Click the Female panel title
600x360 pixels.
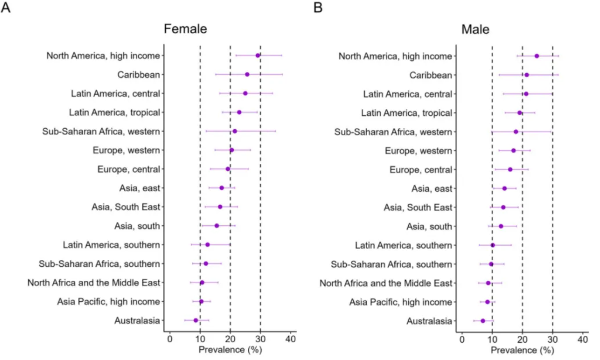click(x=185, y=29)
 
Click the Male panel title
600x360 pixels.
click(x=475, y=30)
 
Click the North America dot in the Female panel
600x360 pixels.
click(x=258, y=55)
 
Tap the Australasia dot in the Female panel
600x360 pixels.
click(x=196, y=320)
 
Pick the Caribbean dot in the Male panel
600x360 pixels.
click(x=526, y=75)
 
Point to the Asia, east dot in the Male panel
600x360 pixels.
click(x=504, y=188)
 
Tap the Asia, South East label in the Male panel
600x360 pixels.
click(x=418, y=207)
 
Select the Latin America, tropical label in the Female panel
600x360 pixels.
click(x=114, y=112)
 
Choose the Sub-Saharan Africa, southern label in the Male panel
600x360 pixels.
click(x=391, y=264)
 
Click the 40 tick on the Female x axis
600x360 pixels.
click(x=291, y=339)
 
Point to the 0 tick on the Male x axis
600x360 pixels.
click(x=462, y=340)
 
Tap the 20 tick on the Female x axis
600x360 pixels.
click(x=230, y=339)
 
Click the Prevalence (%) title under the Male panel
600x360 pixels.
click(x=522, y=351)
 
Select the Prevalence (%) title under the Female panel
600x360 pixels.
click(x=230, y=350)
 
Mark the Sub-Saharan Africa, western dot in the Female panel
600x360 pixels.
click(x=234, y=131)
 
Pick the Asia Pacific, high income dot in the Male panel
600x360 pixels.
click(x=487, y=302)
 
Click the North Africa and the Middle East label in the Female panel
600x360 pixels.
click(x=94, y=283)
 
